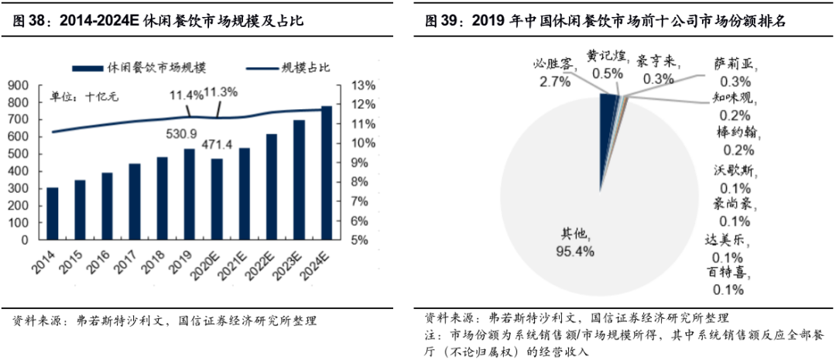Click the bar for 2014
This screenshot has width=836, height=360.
click(x=53, y=214)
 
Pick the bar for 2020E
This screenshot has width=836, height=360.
click(x=217, y=201)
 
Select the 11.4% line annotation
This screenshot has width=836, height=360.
click(x=187, y=94)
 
